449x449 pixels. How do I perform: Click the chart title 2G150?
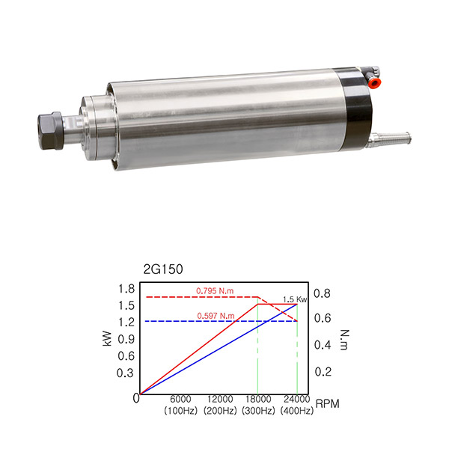(x=163, y=269)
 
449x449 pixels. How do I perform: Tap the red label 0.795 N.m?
(x=215, y=291)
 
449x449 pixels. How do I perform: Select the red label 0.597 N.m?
(x=216, y=316)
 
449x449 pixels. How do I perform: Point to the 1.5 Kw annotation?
(x=295, y=299)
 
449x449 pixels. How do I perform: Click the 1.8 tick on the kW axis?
(x=126, y=289)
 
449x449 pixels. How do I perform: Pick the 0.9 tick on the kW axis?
(x=126, y=339)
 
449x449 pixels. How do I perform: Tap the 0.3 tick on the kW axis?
(x=125, y=373)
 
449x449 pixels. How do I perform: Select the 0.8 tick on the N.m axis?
(x=322, y=293)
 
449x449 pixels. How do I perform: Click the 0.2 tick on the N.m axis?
(x=323, y=372)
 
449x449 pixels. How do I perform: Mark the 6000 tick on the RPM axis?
(x=180, y=399)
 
